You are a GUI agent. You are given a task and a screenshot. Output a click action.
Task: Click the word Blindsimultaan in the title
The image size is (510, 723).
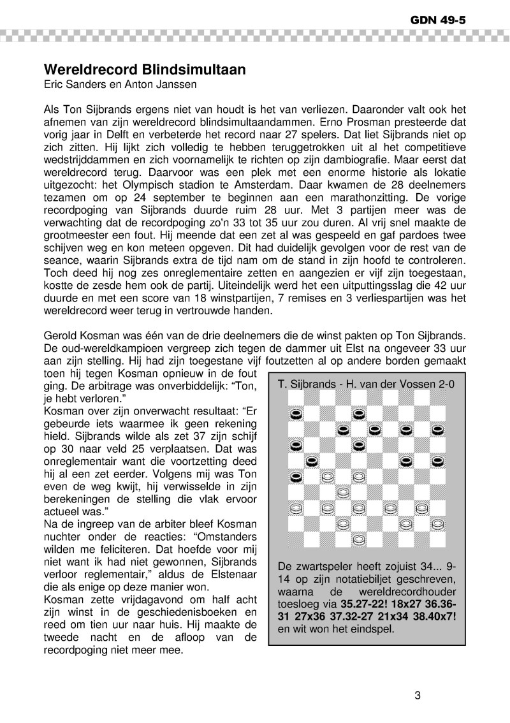[x=191, y=70]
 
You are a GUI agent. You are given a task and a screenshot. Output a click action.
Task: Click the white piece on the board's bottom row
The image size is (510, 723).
[x=358, y=540]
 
